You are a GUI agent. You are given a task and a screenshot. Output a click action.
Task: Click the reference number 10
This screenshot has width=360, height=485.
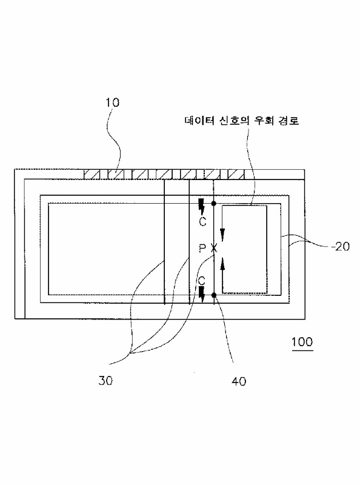(x=112, y=102)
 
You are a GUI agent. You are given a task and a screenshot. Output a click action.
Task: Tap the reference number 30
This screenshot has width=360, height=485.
(x=105, y=381)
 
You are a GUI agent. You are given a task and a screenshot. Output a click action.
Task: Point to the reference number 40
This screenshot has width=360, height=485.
(x=239, y=381)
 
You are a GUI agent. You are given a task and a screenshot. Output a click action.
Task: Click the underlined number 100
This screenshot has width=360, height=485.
(x=302, y=342)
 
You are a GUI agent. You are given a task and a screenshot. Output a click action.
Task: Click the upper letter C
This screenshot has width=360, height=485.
(x=202, y=221)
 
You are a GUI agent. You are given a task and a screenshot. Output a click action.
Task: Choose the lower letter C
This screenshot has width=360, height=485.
(x=202, y=281)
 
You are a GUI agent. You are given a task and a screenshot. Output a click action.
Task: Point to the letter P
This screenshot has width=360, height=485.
(x=202, y=248)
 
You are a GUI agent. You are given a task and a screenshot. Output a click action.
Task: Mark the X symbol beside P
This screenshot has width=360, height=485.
(x=214, y=248)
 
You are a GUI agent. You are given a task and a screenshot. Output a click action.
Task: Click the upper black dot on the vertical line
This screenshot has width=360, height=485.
(x=214, y=203)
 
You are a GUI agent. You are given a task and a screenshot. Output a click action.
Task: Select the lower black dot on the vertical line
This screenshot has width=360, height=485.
(x=214, y=295)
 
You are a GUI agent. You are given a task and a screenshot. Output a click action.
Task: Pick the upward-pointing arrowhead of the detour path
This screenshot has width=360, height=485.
(x=222, y=263)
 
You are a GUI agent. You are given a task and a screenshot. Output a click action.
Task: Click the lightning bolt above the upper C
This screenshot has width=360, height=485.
(x=202, y=207)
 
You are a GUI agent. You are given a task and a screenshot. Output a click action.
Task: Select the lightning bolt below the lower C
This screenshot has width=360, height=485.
(x=202, y=294)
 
